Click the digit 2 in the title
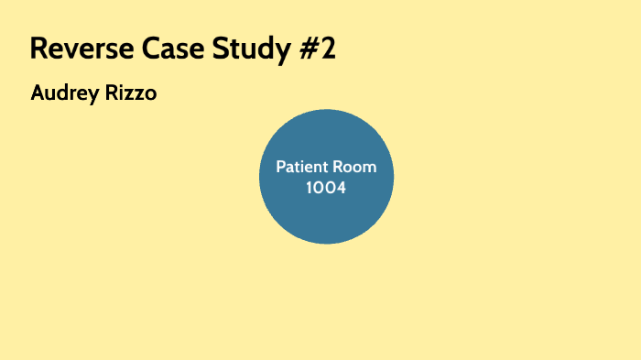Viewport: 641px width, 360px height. click(329, 49)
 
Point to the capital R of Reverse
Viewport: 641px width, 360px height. click(39, 49)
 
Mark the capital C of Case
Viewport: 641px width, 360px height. click(147, 49)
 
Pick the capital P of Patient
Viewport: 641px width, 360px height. click(281, 169)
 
